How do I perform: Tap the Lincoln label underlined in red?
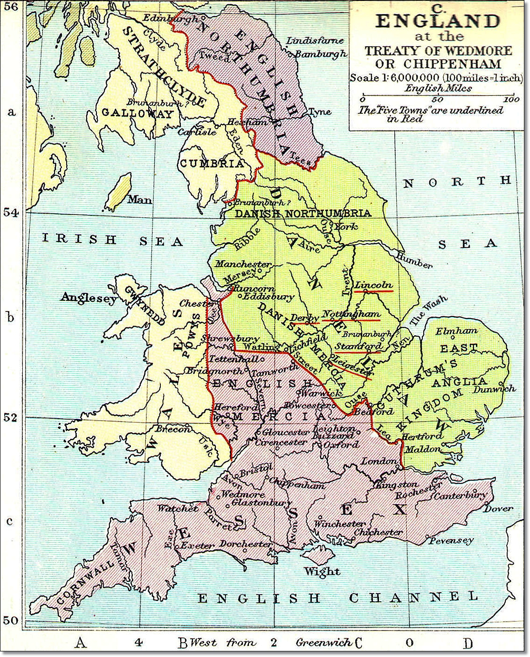pyautogui.click(x=373, y=285)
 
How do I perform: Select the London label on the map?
pyautogui.click(x=379, y=461)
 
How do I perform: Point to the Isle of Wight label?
pyautogui.click(x=322, y=571)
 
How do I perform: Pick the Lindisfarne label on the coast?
pyautogui.click(x=315, y=41)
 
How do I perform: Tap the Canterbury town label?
pyautogui.click(x=460, y=495)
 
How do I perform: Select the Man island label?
pyautogui.click(x=139, y=200)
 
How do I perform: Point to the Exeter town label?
pyautogui.click(x=197, y=545)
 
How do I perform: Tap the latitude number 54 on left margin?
pyautogui.click(x=11, y=213)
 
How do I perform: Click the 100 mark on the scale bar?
pyautogui.click(x=511, y=99)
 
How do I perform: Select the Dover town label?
pyautogui.click(x=498, y=508)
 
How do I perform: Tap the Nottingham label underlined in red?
pyautogui.click(x=351, y=314)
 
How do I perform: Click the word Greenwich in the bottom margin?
pyautogui.click(x=324, y=643)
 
